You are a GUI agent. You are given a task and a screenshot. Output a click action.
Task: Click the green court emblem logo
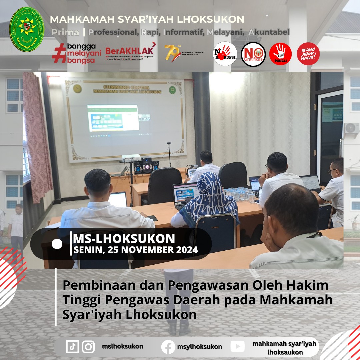[27, 29]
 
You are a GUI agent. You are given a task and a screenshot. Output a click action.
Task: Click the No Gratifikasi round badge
[253, 54]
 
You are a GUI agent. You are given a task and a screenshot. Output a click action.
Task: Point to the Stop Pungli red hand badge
[280, 54]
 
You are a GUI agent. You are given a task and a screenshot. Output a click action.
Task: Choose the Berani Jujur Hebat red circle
[308, 54]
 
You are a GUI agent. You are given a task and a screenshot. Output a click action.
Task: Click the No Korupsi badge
[225, 54]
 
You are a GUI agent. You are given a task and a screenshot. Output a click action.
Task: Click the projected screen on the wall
[113, 118]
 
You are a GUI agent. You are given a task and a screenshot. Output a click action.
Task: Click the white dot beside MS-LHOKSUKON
[57, 244]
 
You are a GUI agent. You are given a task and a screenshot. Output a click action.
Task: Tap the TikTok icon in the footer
[72, 346]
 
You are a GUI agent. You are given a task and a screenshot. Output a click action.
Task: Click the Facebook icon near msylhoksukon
[168, 347]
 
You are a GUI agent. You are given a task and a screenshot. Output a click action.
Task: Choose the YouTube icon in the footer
[237, 347]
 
